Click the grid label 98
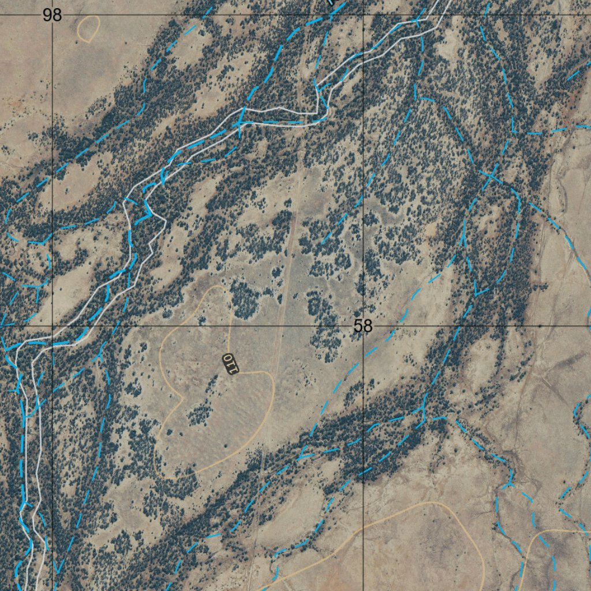pos(52,15)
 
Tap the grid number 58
pos(363,326)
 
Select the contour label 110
pos(230,364)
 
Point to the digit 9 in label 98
pos(47,15)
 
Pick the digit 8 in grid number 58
pos(368,326)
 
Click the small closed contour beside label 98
pos(88,28)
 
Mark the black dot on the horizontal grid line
pos(540,326)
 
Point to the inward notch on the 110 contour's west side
pos(182,398)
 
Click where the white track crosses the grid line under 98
pos(53,331)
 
